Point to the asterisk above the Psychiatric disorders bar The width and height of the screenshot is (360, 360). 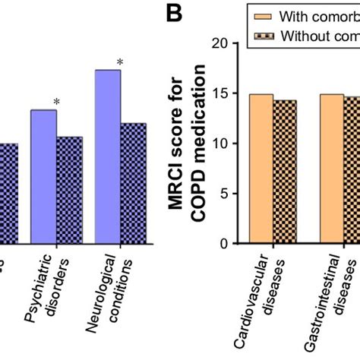pyautogui.click(x=56, y=102)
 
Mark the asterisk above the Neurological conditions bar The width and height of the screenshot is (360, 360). pyautogui.click(x=120, y=62)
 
